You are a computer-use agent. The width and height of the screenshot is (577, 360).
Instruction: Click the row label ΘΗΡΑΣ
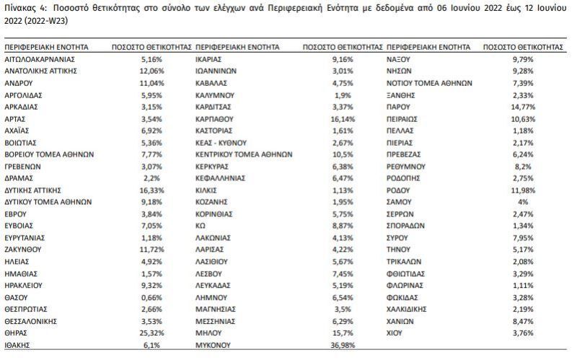(18, 333)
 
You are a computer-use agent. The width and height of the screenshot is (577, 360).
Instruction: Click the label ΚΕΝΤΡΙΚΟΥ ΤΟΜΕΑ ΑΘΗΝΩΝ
(243, 154)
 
